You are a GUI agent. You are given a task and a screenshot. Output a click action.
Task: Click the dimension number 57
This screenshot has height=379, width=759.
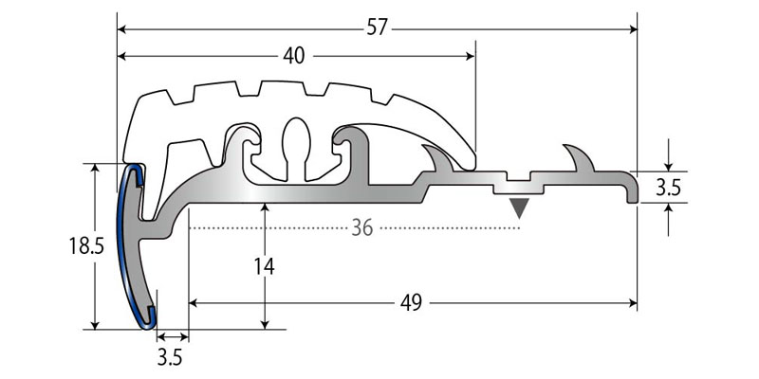377,28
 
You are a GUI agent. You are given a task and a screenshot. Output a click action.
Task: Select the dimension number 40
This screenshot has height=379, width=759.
294,57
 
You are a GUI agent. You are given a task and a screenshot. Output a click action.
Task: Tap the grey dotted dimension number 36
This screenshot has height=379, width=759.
362,227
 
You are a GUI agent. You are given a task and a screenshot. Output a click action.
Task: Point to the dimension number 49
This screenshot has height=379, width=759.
411,303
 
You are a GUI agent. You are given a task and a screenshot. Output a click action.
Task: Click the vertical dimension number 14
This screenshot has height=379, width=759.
265,266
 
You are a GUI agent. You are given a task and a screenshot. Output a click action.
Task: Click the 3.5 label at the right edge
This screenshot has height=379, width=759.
669,188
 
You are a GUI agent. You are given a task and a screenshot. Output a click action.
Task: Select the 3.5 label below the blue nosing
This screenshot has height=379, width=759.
170,359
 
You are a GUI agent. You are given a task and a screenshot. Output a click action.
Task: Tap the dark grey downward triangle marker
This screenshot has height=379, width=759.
519,208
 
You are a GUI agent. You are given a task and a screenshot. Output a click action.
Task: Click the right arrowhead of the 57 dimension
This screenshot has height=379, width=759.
633,29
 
